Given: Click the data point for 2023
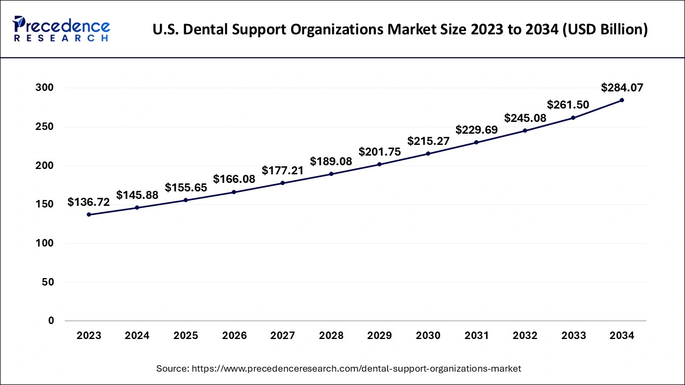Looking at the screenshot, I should coord(89,214).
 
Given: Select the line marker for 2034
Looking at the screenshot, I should coord(622,100).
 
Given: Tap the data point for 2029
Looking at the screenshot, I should coord(379,164).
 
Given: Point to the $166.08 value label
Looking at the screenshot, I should coord(234,179).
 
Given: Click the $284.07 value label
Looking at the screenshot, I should coord(622,87).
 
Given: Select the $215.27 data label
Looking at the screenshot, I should coord(428,141).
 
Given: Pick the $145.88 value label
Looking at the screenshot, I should coord(137,195).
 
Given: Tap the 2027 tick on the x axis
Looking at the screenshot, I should coord(283,336).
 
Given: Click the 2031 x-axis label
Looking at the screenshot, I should coord(476,336).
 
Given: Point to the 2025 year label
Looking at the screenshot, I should coord(186,336).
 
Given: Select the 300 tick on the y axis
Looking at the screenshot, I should coord(45,88).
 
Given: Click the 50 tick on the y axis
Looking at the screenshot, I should coord(48,282).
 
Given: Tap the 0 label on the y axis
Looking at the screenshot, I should coord(51,321).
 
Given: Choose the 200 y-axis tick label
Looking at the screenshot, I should coord(45,166).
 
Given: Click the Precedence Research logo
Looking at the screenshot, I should coord(62,29).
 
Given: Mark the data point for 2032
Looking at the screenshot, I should coord(525,130).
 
